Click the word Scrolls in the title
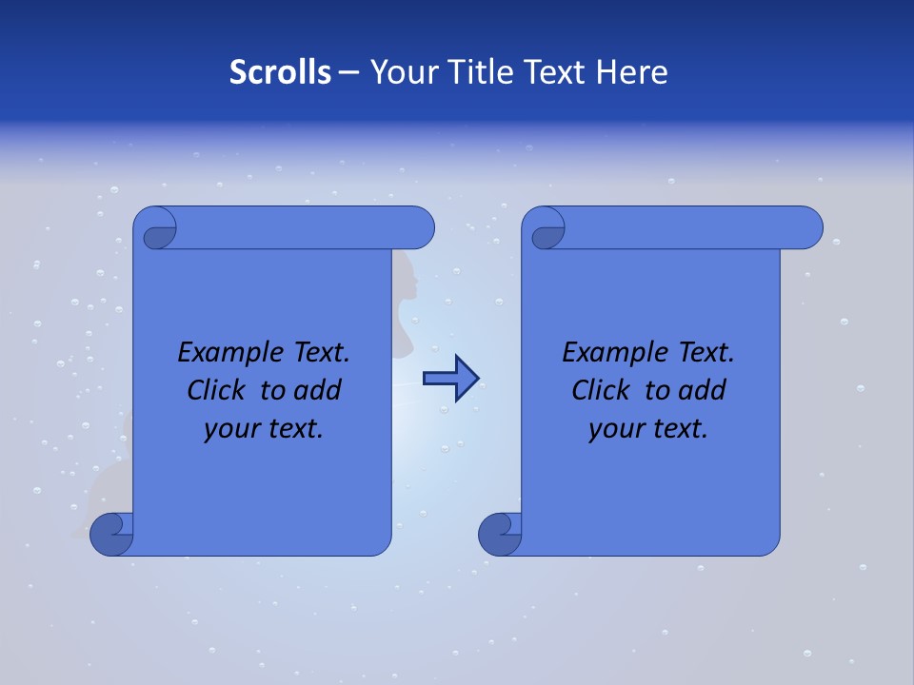coord(280,72)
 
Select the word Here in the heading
coord(632,72)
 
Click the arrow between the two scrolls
coord(450,379)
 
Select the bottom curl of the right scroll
coord(502,534)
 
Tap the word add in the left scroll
coord(318,391)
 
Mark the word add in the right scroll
coord(703,391)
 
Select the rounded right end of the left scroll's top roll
coord(419,227)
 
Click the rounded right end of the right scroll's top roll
coord(807,227)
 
